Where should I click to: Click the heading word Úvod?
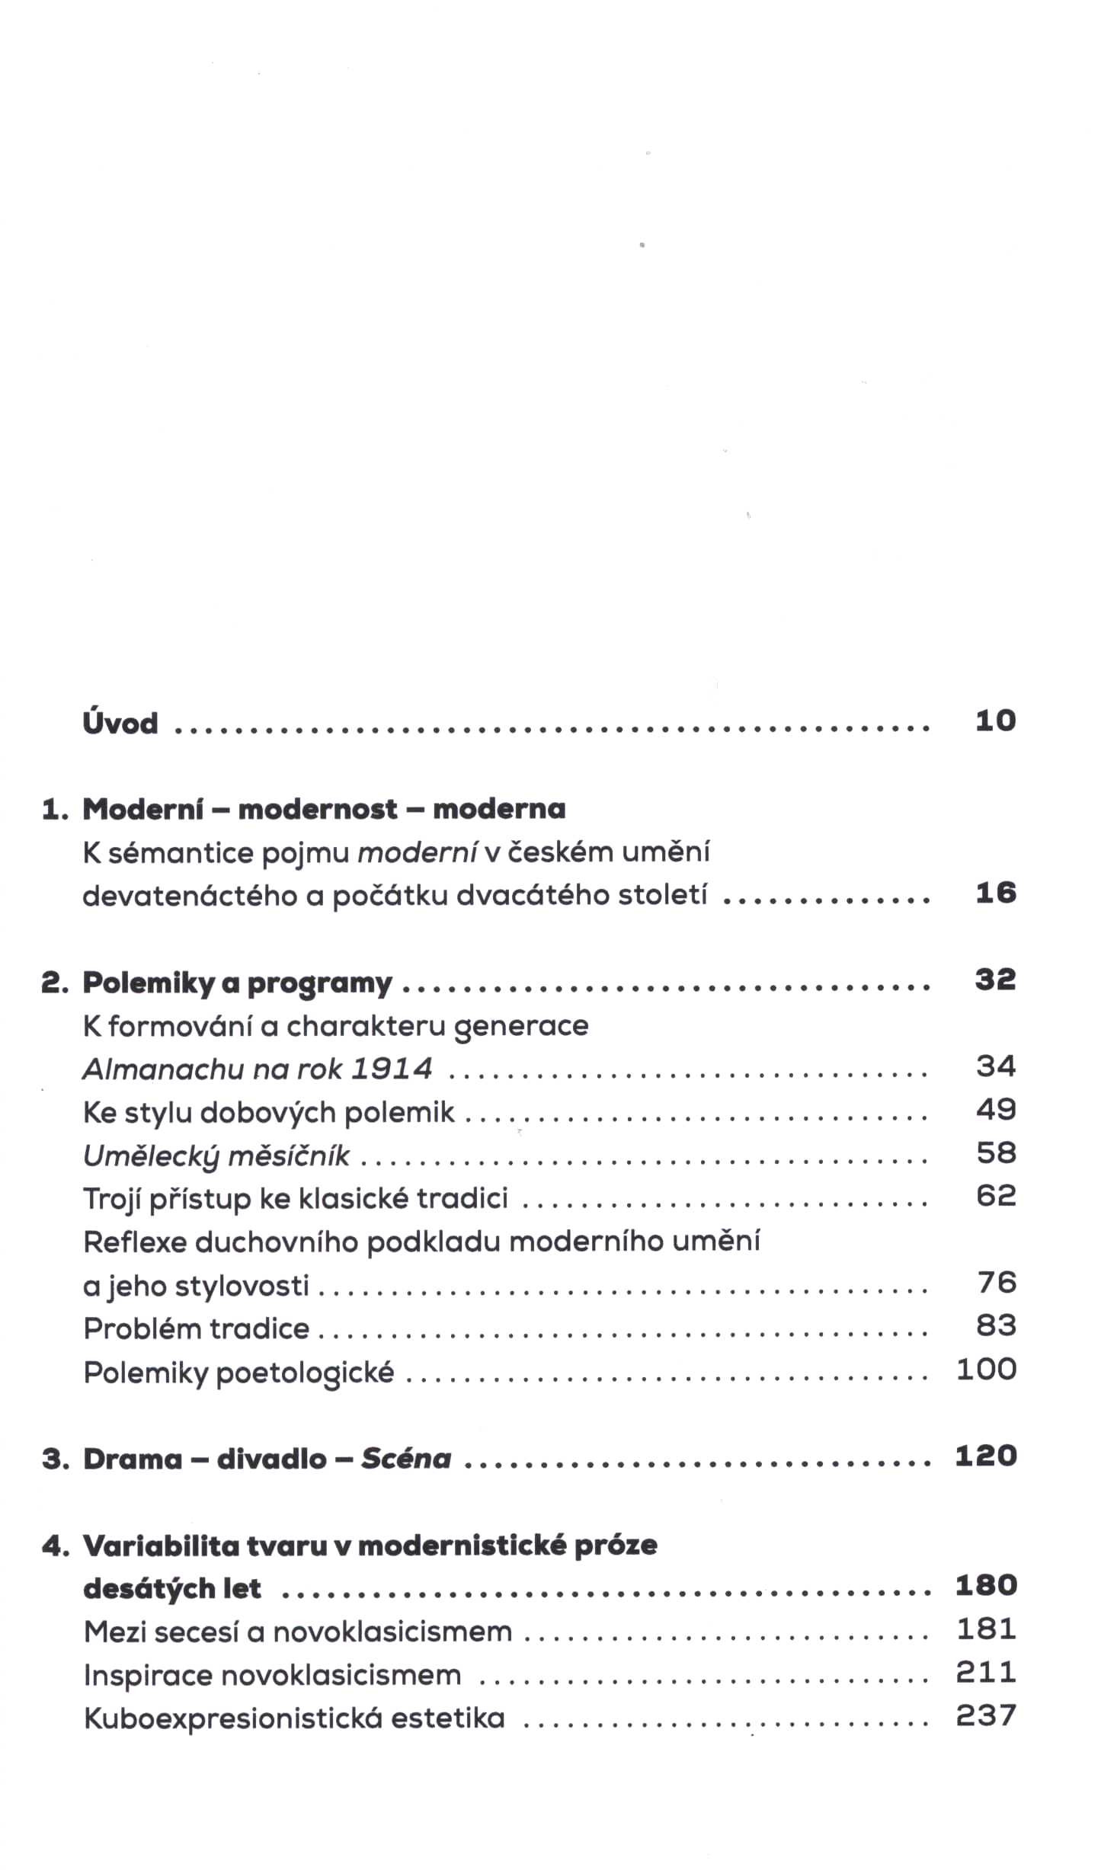point(120,722)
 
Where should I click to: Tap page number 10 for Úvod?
point(995,721)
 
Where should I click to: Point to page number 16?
point(995,893)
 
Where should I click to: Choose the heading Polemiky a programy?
point(237,983)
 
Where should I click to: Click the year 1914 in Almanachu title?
point(392,1069)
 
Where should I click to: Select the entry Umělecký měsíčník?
point(216,1156)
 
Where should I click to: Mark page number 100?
point(987,1370)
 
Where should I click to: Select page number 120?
point(987,1456)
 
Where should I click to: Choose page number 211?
point(987,1673)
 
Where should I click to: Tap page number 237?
point(987,1716)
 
